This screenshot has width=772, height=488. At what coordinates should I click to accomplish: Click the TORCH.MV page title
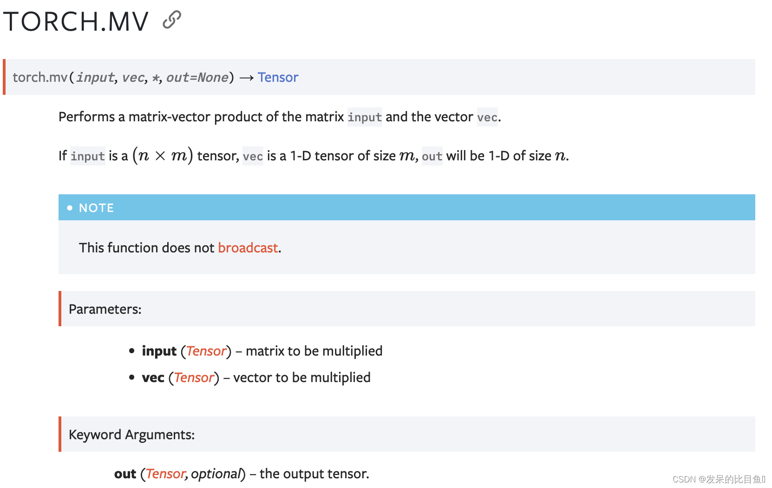coord(76,21)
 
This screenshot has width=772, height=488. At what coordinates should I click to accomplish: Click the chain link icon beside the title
coord(172,20)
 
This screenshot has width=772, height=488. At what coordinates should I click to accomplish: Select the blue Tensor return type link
coord(278,77)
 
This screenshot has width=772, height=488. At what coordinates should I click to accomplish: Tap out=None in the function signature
coord(197,77)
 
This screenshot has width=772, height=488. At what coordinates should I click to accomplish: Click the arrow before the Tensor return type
coord(246,78)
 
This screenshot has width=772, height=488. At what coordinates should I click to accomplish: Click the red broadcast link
coord(248,248)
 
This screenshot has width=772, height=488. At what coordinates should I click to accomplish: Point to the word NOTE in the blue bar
coord(96,208)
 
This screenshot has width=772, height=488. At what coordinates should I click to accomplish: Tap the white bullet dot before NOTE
coord(70,208)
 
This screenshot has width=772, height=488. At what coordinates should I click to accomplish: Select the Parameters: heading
coord(105,309)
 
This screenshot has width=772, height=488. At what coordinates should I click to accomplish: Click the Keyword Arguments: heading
coord(131,435)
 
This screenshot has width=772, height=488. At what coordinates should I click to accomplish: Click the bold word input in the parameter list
coord(159,351)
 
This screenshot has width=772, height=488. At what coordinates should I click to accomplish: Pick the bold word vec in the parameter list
coord(153,377)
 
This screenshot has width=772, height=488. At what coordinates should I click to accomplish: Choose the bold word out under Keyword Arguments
coord(125,474)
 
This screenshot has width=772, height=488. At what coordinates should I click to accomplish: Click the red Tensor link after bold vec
coord(194,377)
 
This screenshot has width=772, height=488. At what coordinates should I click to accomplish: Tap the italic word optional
coord(216,474)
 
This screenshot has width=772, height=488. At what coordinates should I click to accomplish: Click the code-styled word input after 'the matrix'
coord(365,117)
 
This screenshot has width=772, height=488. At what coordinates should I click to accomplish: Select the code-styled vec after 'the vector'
coord(487,117)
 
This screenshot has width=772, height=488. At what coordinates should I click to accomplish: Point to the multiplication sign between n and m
coord(160,156)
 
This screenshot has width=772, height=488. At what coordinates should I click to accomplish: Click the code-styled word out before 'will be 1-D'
coord(432,156)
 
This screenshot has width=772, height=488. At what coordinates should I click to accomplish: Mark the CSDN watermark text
coord(718,479)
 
